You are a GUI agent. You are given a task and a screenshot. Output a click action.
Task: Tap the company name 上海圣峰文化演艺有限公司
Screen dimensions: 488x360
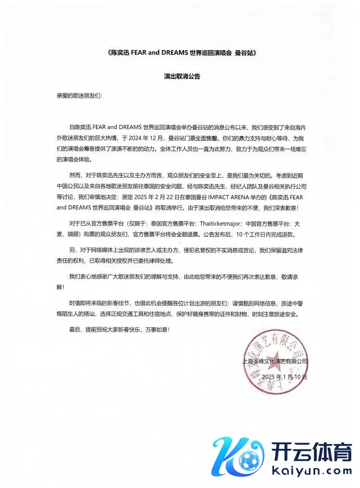click(x=275, y=361)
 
